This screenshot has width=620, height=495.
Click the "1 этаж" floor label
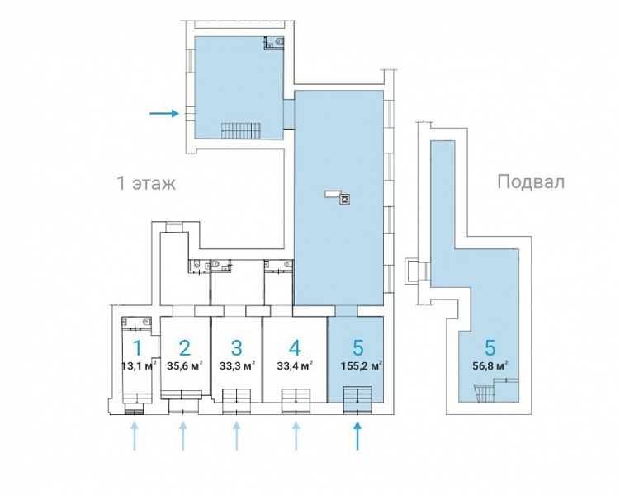tap(146, 183)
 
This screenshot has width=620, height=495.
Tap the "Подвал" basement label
tap(531, 182)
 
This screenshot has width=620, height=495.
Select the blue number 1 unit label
tap(137, 348)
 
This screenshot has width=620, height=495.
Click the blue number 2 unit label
tap(184, 348)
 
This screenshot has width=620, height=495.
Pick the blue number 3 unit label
tap(236, 348)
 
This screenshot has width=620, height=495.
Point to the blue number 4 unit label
tap(295, 348)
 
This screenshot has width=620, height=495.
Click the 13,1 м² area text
tap(140, 366)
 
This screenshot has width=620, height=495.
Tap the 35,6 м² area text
tap(185, 366)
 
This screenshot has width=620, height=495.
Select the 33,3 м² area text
tap(237, 366)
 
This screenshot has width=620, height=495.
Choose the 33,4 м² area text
tap(296, 366)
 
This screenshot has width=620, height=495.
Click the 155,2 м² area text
tap(362, 366)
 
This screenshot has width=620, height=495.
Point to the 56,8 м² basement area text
tap(490, 366)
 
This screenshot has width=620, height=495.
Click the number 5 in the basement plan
tap(490, 348)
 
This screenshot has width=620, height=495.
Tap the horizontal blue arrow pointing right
tap(164, 114)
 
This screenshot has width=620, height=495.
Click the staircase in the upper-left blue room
tap(240, 130)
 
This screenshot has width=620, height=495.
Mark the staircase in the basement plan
tap(483, 394)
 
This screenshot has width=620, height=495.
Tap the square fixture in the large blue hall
tap(346, 199)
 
